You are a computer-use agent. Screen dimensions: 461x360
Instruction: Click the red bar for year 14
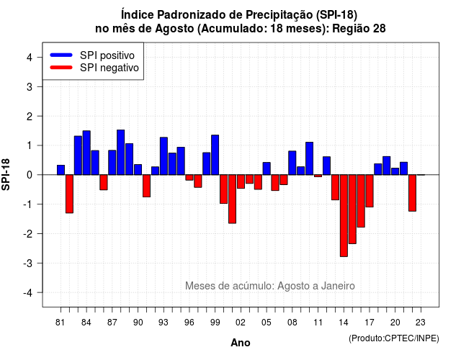[344, 216]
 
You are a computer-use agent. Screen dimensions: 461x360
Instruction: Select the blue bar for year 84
[86, 153]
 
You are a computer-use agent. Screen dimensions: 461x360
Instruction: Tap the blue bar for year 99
[215, 155]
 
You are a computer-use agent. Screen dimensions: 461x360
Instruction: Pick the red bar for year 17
[370, 191]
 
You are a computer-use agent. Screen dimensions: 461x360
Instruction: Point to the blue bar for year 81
[61, 170]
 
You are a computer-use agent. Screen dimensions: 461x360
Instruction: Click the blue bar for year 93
[164, 156]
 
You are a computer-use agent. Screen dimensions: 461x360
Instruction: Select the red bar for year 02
[241, 181]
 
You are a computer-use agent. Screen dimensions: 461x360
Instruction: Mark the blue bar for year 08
[292, 163]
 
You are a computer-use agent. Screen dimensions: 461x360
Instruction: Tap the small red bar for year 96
[189, 177]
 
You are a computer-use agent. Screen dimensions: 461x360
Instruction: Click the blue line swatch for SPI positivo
[61, 55]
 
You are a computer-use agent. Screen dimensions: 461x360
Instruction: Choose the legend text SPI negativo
[109, 68]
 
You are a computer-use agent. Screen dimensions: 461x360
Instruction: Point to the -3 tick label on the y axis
[29, 263]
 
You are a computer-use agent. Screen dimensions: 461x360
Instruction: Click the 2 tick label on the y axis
[30, 116]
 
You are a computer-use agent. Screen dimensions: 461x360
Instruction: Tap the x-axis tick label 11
[318, 323]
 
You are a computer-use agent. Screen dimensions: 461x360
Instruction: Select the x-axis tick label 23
[421, 323]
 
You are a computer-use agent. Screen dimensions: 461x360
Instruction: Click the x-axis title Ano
[241, 343]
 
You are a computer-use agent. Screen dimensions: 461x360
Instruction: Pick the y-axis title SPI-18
[6, 174]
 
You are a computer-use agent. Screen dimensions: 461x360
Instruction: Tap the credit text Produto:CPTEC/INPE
[394, 338]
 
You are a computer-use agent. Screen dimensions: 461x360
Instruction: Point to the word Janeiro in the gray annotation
[338, 286]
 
